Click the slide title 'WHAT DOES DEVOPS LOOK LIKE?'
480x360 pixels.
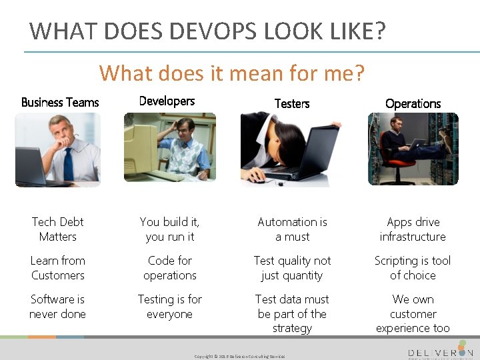click(x=207, y=31)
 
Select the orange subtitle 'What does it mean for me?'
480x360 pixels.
click(x=231, y=72)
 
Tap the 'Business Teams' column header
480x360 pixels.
click(x=60, y=102)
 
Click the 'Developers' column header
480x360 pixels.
click(x=167, y=101)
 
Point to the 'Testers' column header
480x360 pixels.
click(x=292, y=103)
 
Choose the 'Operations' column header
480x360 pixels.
click(x=413, y=103)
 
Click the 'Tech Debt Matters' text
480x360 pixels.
click(x=58, y=229)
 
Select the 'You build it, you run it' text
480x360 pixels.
click(x=169, y=229)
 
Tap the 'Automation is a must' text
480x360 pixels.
click(x=292, y=229)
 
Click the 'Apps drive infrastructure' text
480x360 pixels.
click(x=413, y=229)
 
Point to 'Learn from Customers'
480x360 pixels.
click(x=58, y=267)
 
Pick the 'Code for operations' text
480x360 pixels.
click(x=169, y=267)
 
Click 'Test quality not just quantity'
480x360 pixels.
click(x=292, y=267)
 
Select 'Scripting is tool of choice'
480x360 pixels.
click(x=413, y=267)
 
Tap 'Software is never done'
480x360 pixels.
click(x=58, y=306)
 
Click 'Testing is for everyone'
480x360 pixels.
click(x=169, y=306)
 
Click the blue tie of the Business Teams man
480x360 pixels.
click(x=68, y=163)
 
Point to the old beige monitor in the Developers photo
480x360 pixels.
click(x=143, y=143)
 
